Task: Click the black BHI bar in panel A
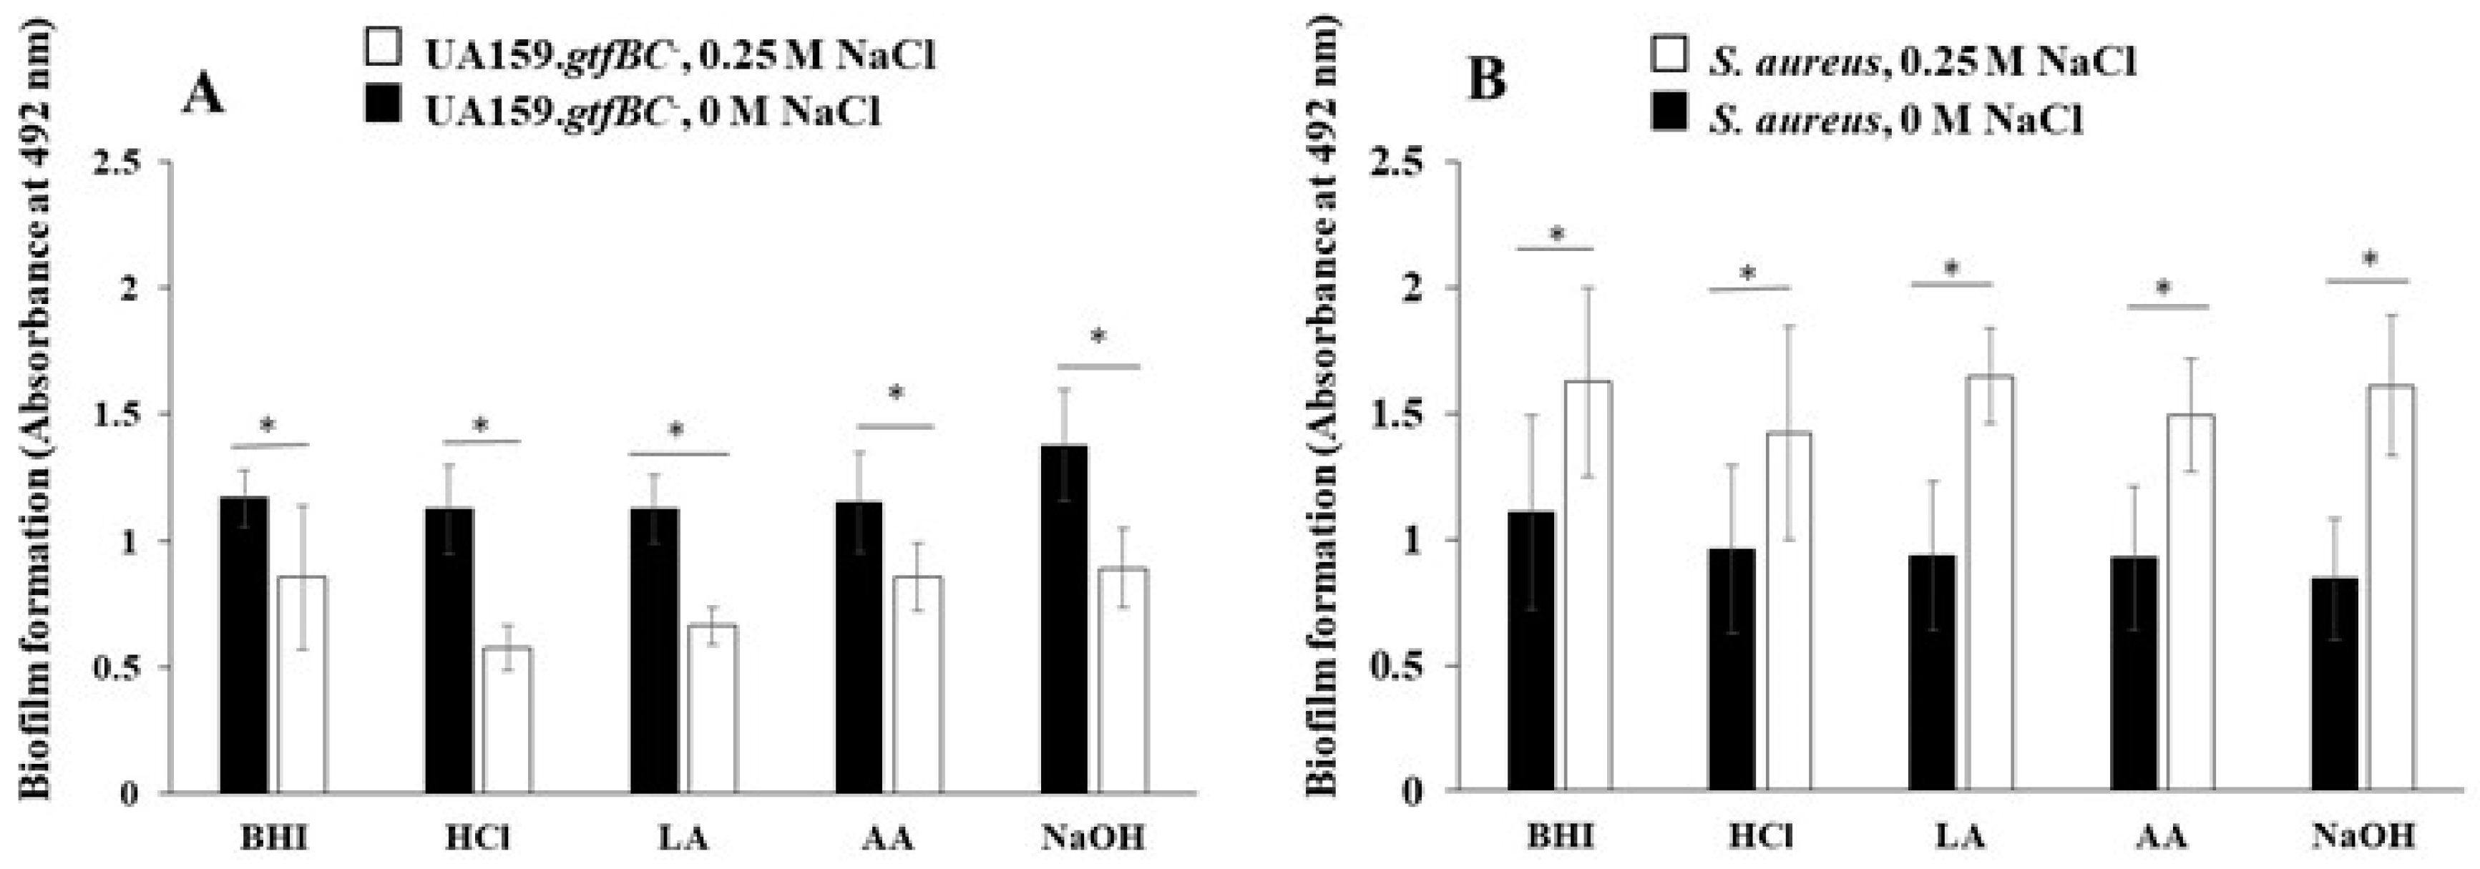245,644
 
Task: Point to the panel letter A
203,94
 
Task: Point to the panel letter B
1485,79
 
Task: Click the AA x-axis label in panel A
888,838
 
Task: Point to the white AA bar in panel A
917,684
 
